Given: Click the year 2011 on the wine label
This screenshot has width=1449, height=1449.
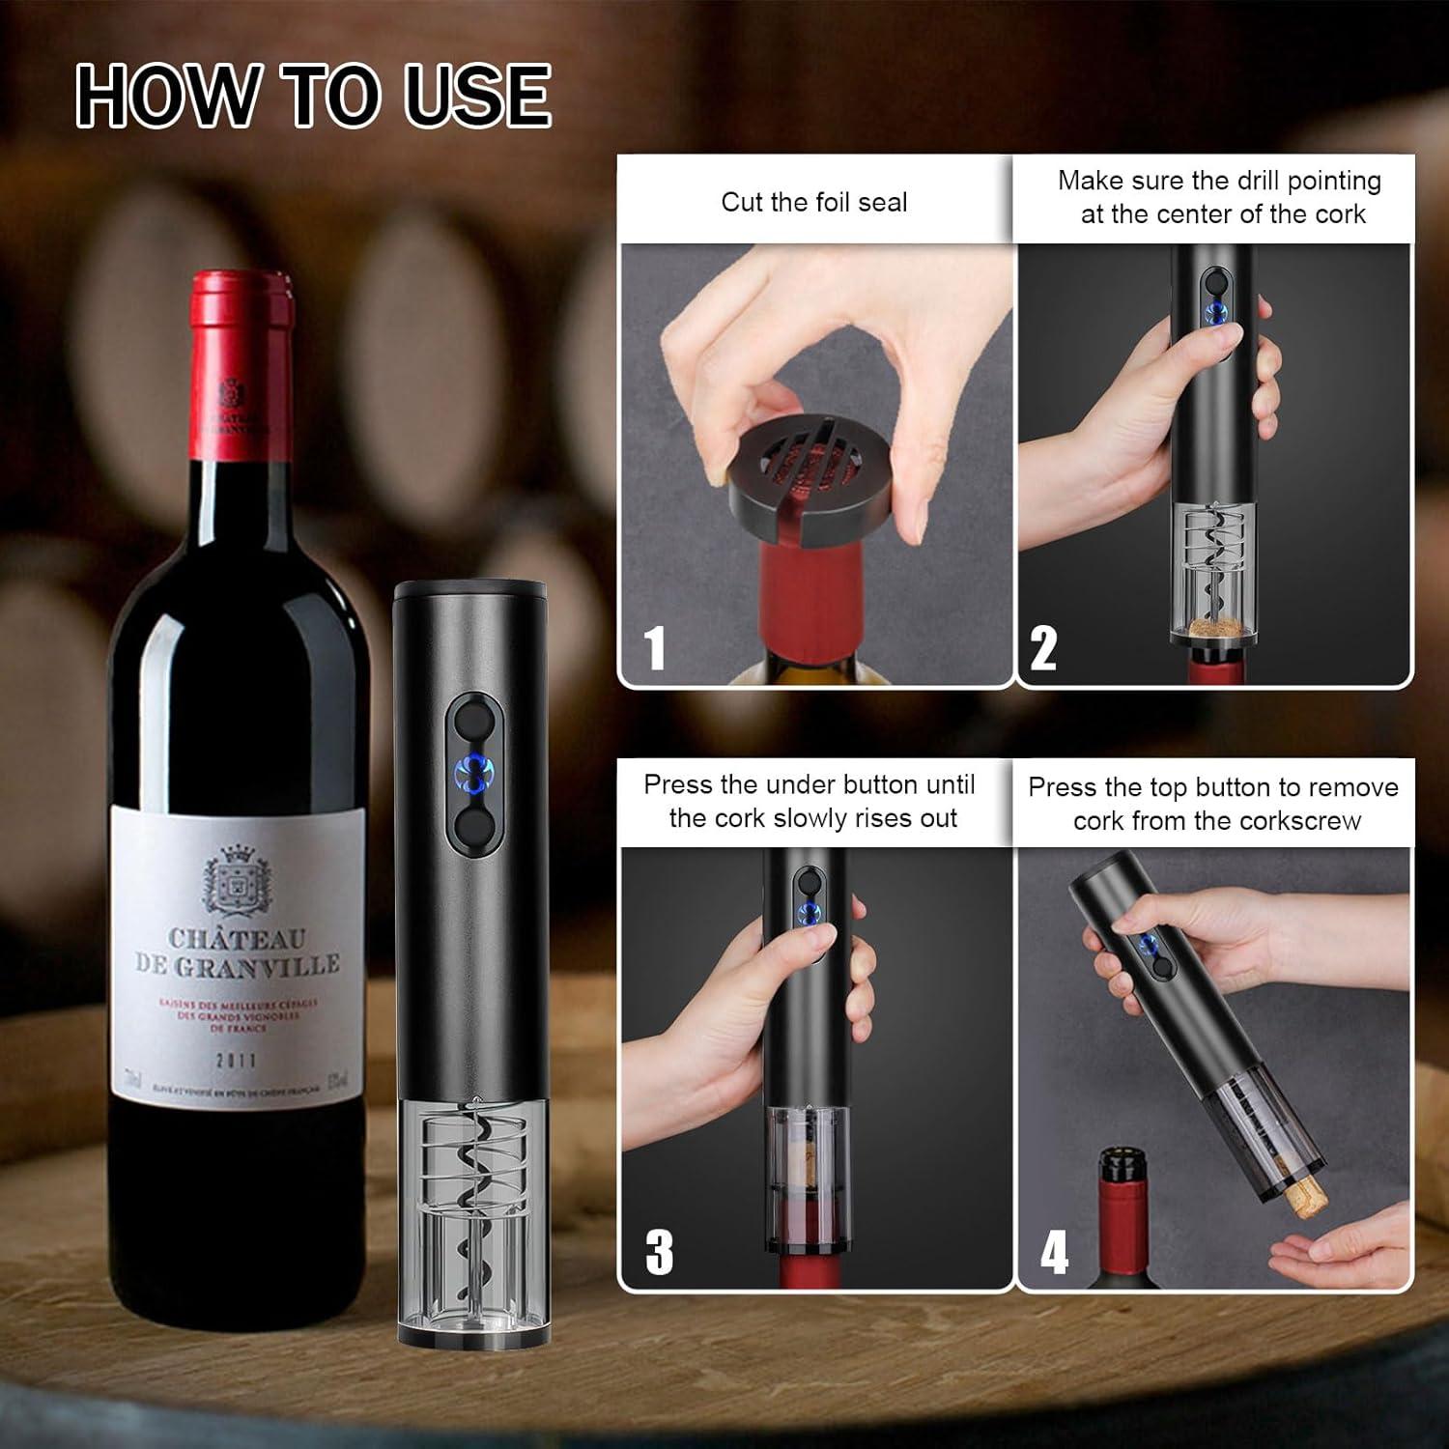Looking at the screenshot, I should pyautogui.click(x=236, y=1060).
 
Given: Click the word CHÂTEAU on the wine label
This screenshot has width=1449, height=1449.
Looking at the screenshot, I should pyautogui.click(x=237, y=938).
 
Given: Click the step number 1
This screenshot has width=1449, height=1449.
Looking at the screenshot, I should pyautogui.click(x=655, y=647).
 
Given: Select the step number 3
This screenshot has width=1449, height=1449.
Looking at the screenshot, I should pyautogui.click(x=659, y=1252).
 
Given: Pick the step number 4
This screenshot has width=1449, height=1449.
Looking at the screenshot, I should pyautogui.click(x=1053, y=1252).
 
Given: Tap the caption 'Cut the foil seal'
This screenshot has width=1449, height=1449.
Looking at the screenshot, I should pyautogui.click(x=813, y=202).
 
